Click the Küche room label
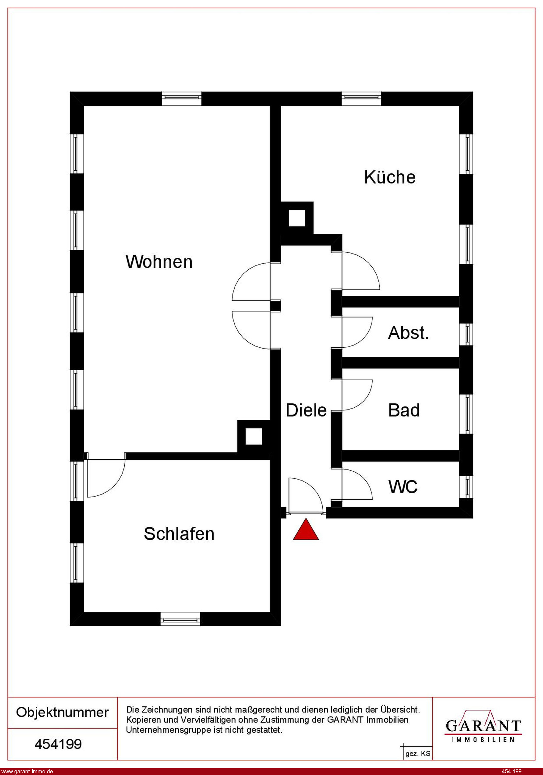coord(390,177)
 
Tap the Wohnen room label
coord(159,262)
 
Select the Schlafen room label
coord(179,534)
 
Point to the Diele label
coord(306,410)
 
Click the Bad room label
coord(404,410)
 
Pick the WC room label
coord(403,487)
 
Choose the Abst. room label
coord(408,333)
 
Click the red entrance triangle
coord(306,530)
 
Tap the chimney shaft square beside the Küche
coord(297,218)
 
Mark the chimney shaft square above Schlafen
coord(254,436)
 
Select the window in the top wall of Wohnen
coord(181,98)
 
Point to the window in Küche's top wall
coord(361,98)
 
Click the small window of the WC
coord(467,486)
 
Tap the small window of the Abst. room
coord(467,334)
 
